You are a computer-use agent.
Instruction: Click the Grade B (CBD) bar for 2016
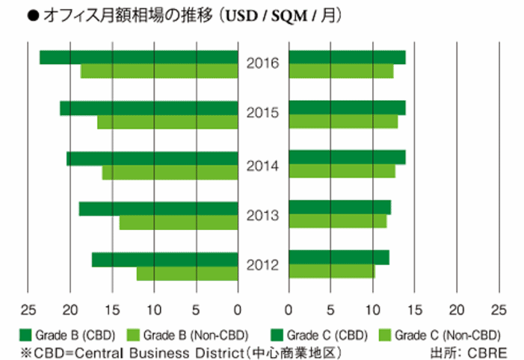138,58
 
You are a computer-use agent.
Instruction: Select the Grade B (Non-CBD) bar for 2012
187,274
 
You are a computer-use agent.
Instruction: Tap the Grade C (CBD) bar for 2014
347,157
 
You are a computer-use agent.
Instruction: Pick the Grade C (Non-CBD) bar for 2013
337,222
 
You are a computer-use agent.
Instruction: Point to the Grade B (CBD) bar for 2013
158,209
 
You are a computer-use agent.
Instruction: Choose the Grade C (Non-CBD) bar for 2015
343,122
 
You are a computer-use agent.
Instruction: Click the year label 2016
262,63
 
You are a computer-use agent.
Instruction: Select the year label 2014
262,165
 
